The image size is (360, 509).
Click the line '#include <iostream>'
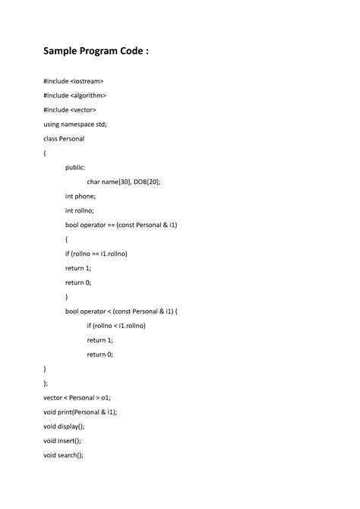74,81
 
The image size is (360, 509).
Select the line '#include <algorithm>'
75,96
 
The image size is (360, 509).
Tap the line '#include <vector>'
70,110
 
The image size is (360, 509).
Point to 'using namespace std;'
75,125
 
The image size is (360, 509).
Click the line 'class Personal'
64,139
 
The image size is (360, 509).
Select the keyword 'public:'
75,168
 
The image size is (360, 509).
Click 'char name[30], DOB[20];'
124,182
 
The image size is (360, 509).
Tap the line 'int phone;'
81,196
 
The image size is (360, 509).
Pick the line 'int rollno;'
80,210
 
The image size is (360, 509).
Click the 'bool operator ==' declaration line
122,225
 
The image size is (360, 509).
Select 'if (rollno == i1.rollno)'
96,254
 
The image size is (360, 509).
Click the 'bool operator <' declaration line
122,311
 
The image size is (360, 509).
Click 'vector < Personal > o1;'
77,397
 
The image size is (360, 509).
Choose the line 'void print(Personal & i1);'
81,412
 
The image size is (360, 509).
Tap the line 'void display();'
64,426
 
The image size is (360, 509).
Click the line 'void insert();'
62,441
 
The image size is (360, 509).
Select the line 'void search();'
63,455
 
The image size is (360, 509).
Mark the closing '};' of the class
46,383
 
